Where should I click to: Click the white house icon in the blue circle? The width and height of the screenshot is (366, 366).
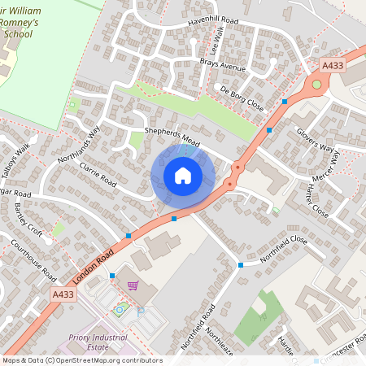tap(183, 176)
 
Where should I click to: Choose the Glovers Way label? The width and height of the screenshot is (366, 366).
tap(316, 138)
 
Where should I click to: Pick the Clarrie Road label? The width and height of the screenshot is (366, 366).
tap(98, 172)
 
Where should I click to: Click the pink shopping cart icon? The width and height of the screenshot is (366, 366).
tap(133, 285)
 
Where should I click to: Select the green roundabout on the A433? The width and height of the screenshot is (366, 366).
tap(316, 85)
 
